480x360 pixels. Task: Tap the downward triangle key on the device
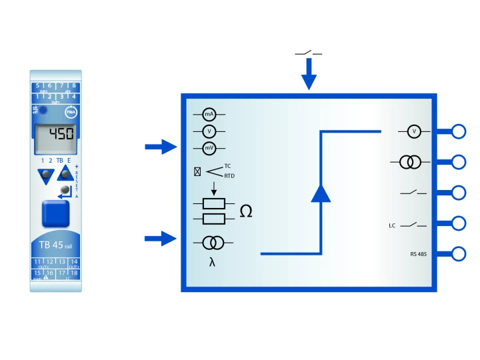click(45, 176)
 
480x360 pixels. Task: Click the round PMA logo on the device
click(71, 113)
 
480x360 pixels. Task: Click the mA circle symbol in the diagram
click(209, 115)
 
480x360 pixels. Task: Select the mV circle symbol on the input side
click(209, 148)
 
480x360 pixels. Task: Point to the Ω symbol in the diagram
click(246, 212)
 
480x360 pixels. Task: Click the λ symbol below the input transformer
click(212, 262)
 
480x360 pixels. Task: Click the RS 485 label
click(419, 254)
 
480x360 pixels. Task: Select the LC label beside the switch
click(393, 225)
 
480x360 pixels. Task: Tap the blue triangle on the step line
click(321, 192)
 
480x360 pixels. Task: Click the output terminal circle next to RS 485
click(459, 254)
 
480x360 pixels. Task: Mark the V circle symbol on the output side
click(414, 131)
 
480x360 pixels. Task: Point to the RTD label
click(229, 176)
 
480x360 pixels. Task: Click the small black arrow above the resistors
click(213, 189)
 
